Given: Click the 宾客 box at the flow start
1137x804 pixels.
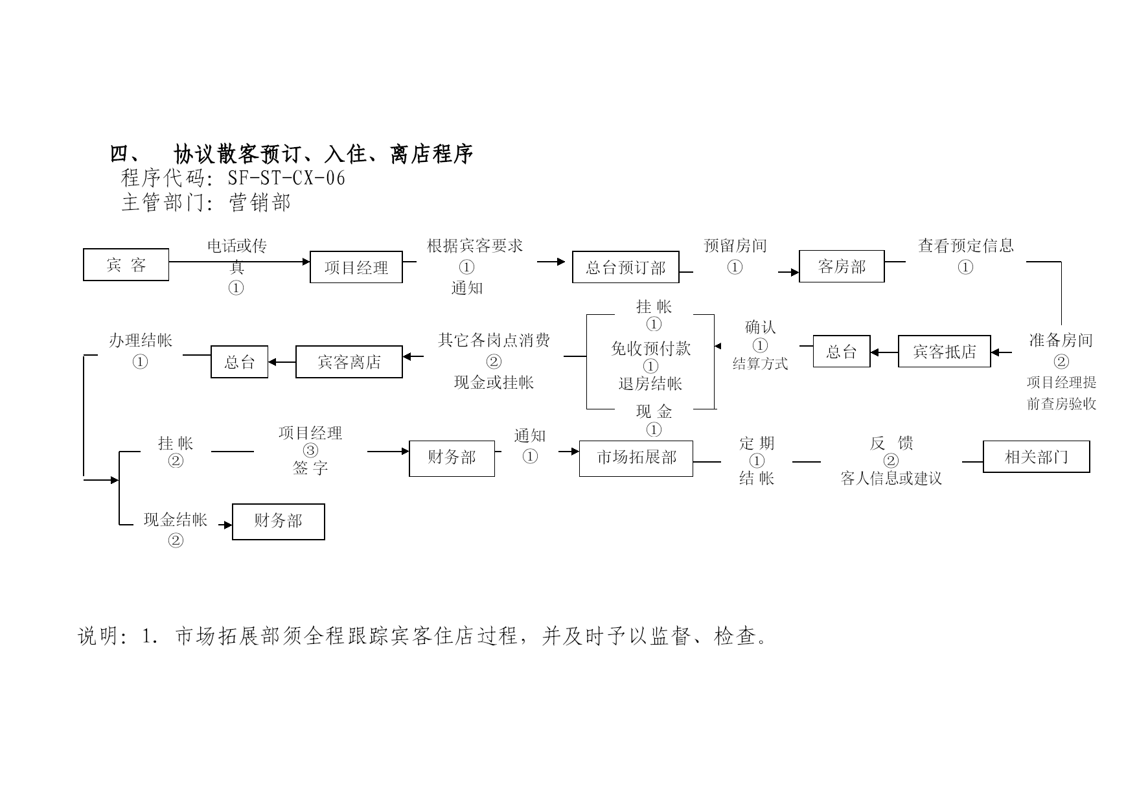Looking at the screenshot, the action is click(x=126, y=264).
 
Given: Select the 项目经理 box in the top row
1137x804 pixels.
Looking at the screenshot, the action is click(x=356, y=267).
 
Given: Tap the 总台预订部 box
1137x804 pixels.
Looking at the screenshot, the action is click(x=626, y=267).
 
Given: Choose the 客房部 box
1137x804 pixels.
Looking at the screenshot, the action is click(x=842, y=266).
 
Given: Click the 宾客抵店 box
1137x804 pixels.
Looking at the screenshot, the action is click(x=945, y=351).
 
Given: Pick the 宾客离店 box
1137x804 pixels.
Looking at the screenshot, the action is click(x=349, y=362).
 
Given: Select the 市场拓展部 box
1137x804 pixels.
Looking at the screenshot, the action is click(x=636, y=458).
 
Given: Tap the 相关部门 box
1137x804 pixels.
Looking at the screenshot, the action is click(x=1037, y=457).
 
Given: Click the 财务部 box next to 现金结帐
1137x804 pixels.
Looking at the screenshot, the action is click(x=279, y=522).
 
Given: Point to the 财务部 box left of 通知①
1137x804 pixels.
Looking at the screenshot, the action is click(x=452, y=458).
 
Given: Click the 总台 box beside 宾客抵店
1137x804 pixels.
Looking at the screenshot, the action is click(x=842, y=351).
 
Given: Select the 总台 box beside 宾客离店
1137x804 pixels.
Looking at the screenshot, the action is click(x=240, y=362).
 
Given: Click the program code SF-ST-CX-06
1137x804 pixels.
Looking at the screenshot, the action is click(x=286, y=178).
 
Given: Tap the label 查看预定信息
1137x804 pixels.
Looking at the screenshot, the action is click(x=965, y=246).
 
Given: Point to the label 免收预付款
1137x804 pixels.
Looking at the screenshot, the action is click(x=651, y=349).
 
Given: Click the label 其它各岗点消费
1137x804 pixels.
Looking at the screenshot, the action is click(x=494, y=340).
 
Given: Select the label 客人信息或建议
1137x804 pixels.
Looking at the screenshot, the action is click(x=891, y=479).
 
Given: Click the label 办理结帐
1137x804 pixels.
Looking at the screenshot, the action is click(x=141, y=340).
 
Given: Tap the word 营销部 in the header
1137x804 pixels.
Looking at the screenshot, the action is click(x=260, y=203).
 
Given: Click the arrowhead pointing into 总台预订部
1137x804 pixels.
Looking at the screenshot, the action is click(x=562, y=262).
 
